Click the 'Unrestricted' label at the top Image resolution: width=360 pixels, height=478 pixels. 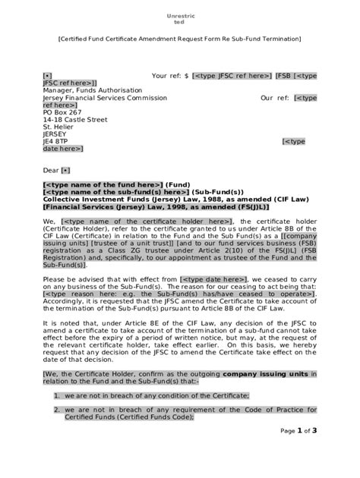pyautogui.click(x=179, y=20)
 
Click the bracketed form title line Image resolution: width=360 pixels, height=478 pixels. pyautogui.click(x=179, y=42)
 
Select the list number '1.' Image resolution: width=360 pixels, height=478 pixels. pyautogui.click(x=57, y=395)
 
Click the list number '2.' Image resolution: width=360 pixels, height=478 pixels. pyautogui.click(x=57, y=410)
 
